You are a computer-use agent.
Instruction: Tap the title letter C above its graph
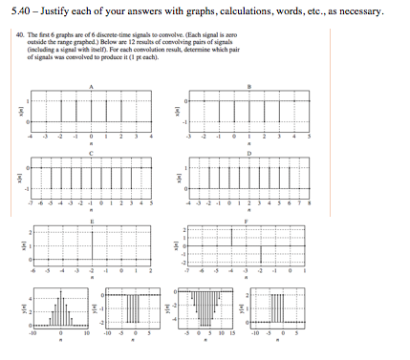pyautogui.click(x=92, y=153)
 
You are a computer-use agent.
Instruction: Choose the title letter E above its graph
pyautogui.click(x=92, y=221)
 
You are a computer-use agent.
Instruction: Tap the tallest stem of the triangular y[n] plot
pyautogui.click(x=62, y=310)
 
